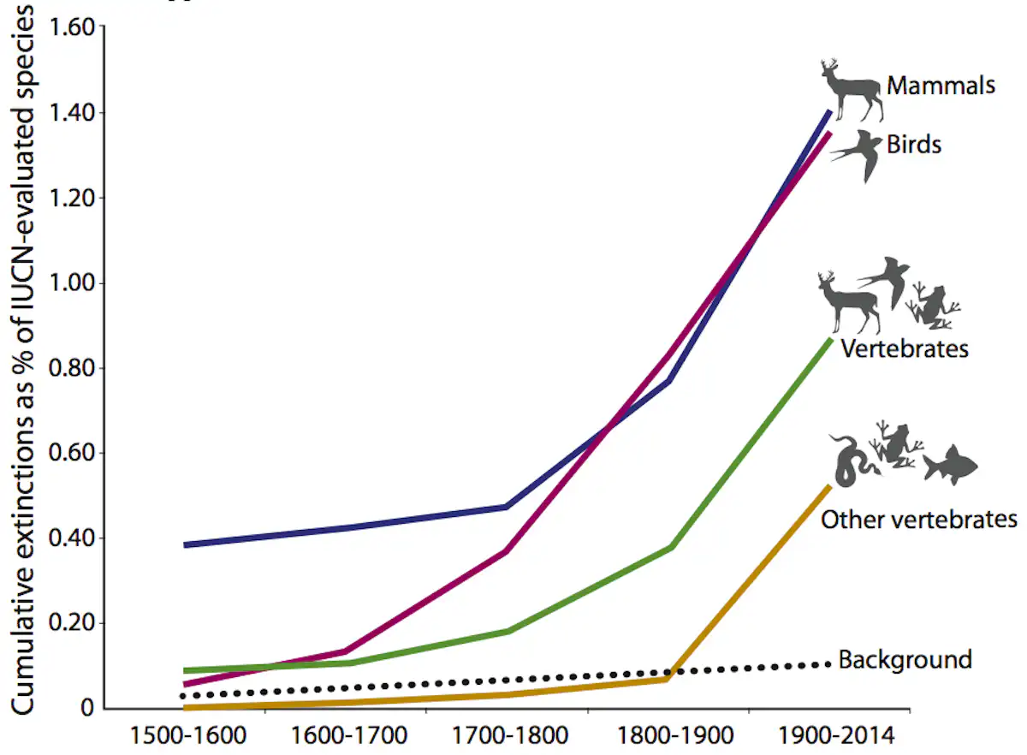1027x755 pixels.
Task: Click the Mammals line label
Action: point(941,86)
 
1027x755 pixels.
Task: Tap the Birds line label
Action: point(913,144)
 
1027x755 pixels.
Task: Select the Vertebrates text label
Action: point(904,349)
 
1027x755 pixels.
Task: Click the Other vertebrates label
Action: point(919,520)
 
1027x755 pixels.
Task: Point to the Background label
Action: point(905,659)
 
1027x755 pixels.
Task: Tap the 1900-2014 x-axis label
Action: point(835,735)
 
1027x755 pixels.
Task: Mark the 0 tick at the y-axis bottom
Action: point(86,709)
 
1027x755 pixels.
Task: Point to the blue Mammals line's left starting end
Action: point(186,544)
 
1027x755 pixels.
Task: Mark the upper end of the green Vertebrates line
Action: point(830,340)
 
